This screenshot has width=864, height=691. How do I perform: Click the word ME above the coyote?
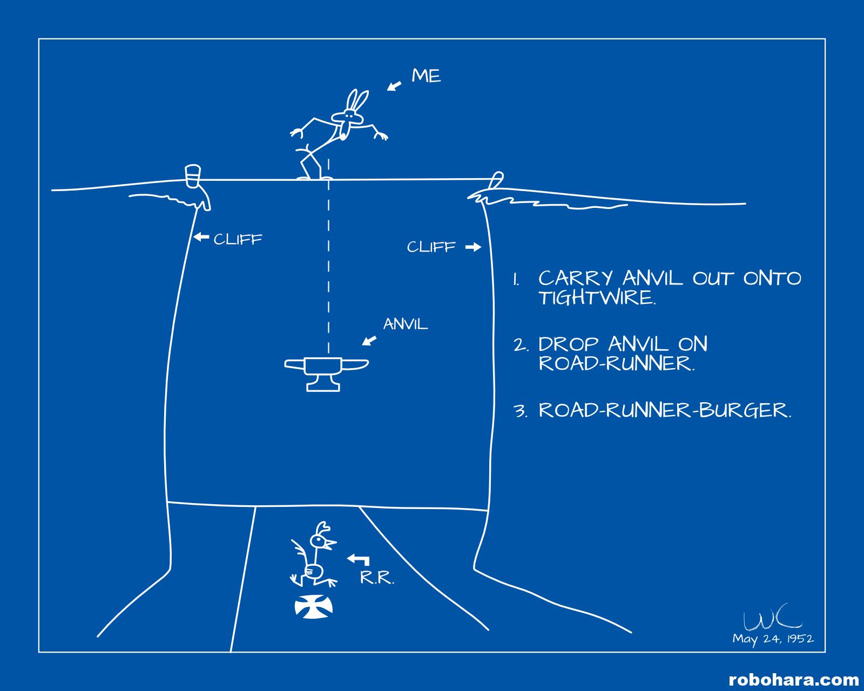click(x=426, y=76)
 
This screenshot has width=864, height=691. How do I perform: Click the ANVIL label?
click(x=406, y=324)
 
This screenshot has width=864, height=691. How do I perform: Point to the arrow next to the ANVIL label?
click(x=369, y=340)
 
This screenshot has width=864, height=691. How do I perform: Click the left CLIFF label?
click(x=238, y=239)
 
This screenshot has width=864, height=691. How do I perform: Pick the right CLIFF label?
click(x=431, y=247)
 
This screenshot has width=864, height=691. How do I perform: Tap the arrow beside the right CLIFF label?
click(x=473, y=247)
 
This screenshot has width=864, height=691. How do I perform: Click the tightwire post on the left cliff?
click(x=193, y=177)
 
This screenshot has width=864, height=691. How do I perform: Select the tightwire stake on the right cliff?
click(x=496, y=180)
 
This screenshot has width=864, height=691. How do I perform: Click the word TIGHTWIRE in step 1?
click(x=596, y=298)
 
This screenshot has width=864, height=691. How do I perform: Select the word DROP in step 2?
click(x=569, y=344)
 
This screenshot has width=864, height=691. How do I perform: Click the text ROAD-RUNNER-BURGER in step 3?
click(x=665, y=410)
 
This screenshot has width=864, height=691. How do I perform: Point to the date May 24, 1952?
click(x=773, y=639)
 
